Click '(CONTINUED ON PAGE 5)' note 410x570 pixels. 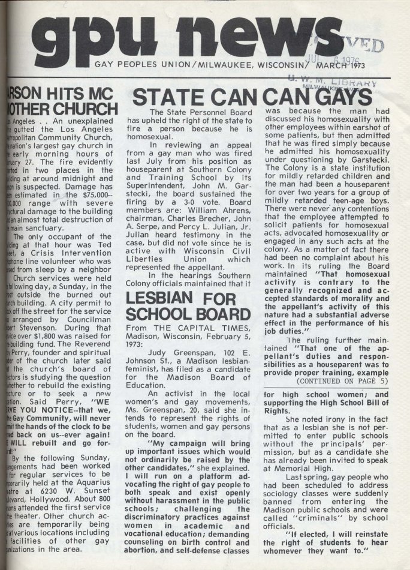pos(331,380)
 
